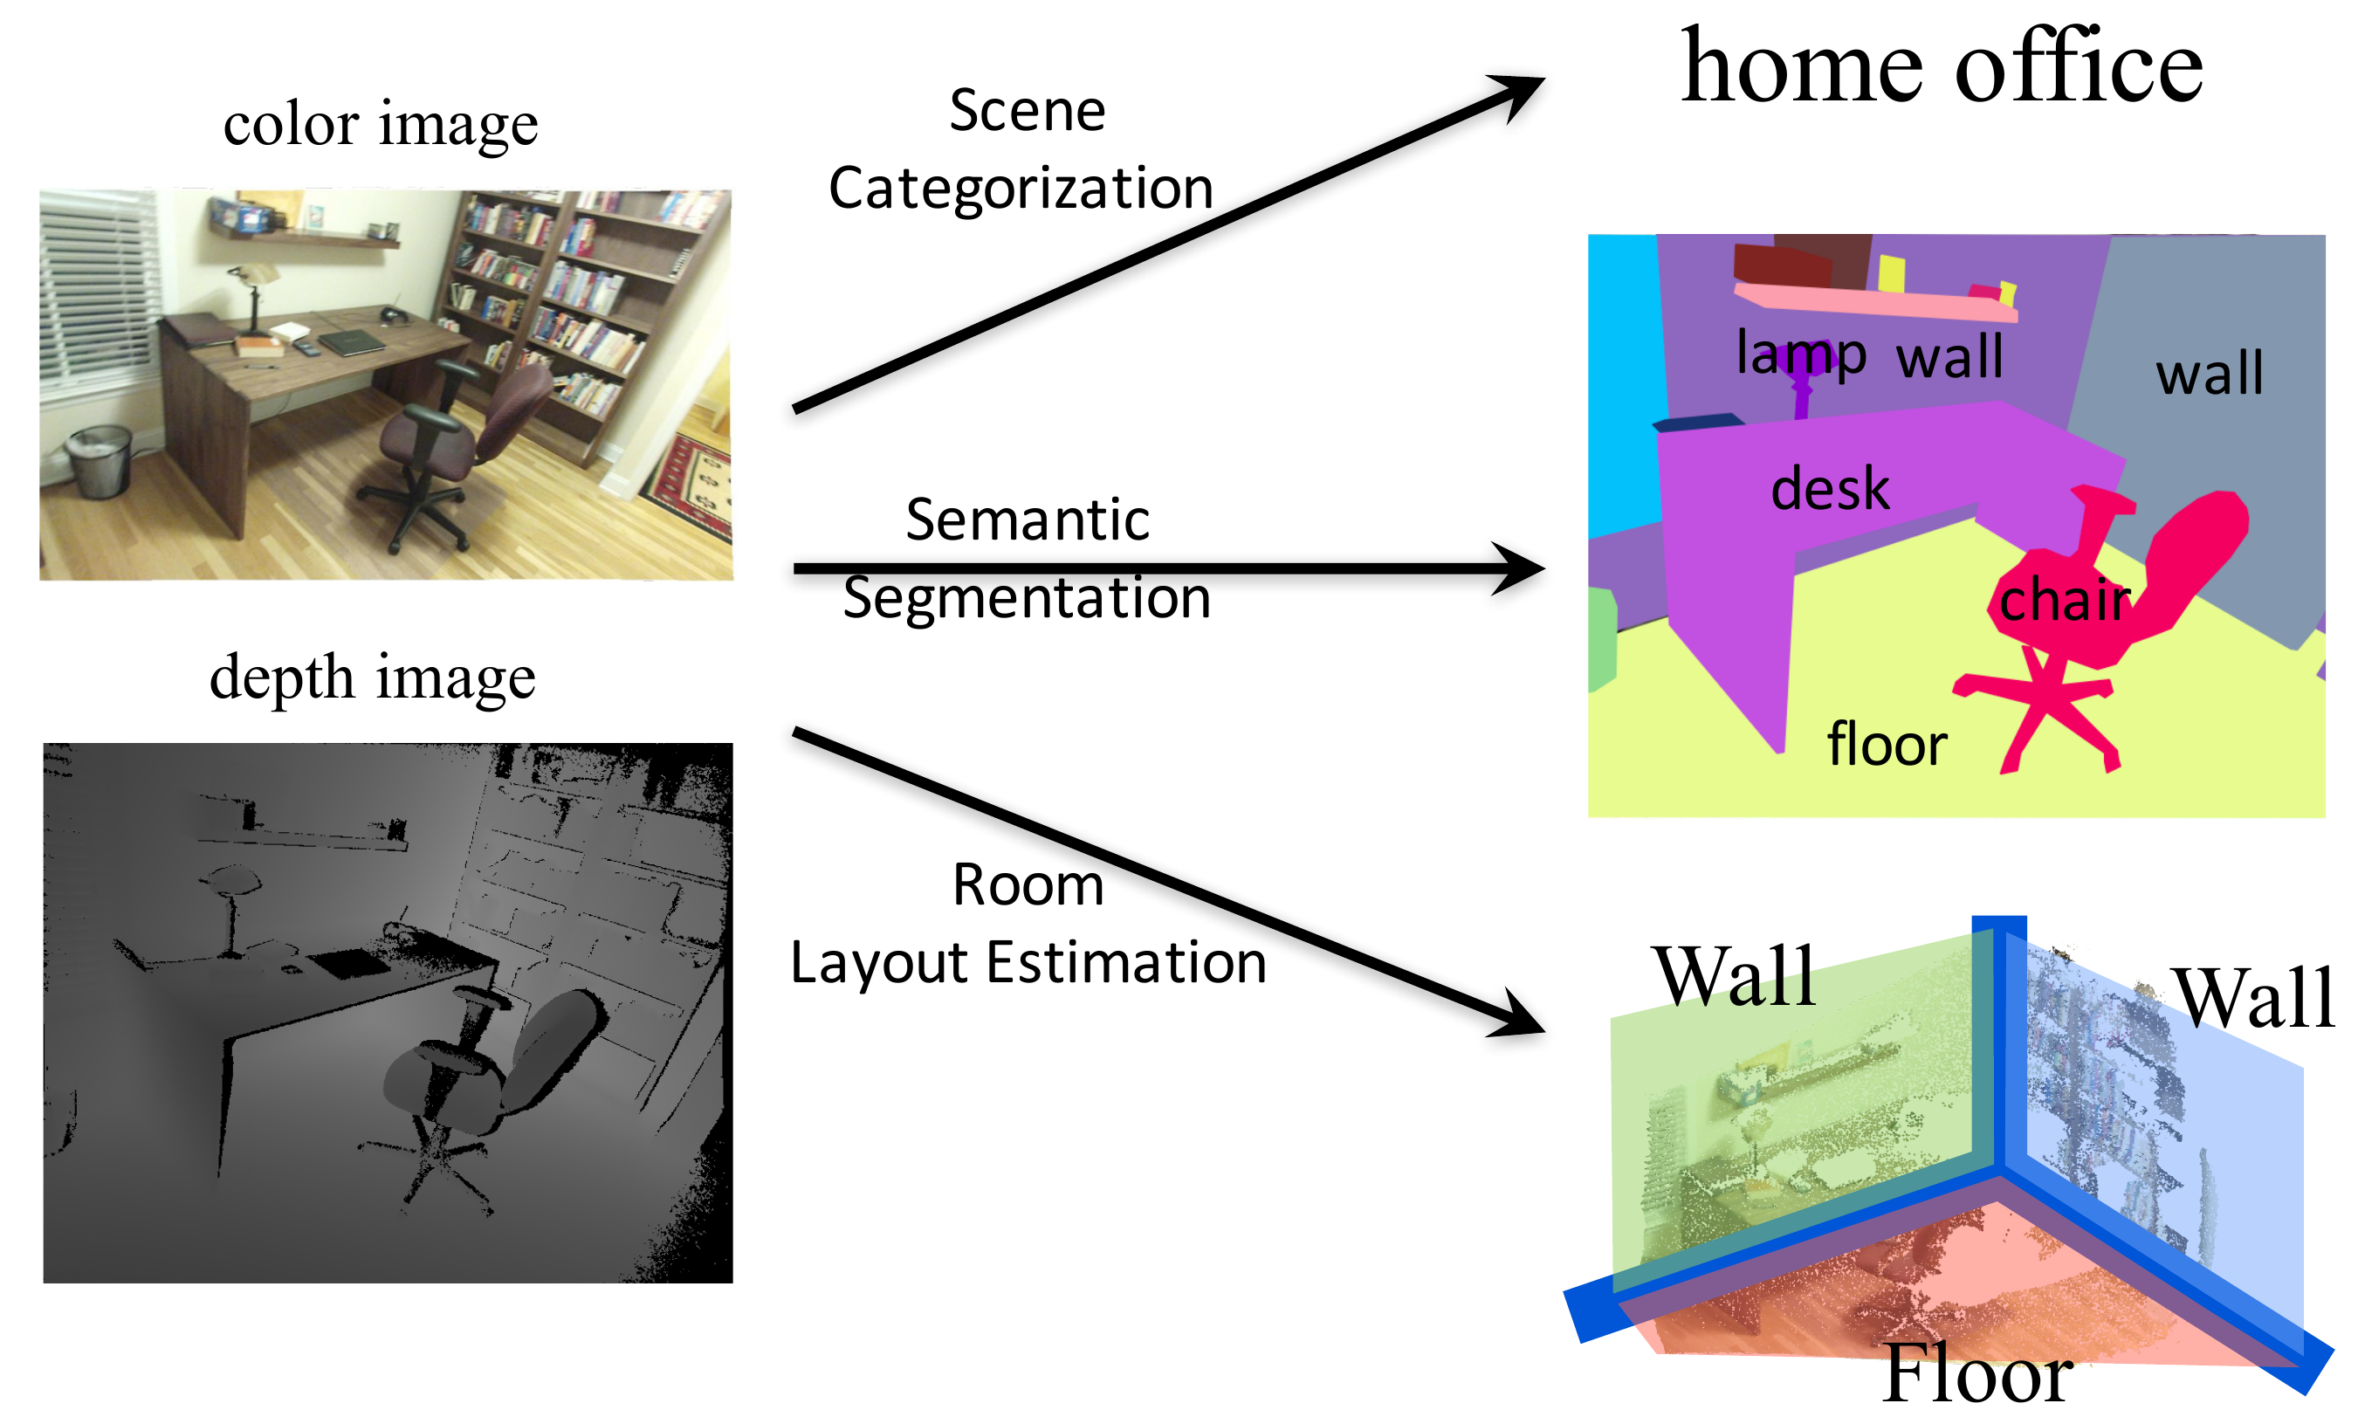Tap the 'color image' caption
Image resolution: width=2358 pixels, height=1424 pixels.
pos(381,124)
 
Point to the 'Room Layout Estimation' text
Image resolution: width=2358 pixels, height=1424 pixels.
pos(1028,923)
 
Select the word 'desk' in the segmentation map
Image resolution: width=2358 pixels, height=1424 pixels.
pos(1830,488)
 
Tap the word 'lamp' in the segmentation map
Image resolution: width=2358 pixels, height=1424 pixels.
pos(1801,354)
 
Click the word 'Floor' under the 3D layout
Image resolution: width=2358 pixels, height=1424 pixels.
pos(1977,1374)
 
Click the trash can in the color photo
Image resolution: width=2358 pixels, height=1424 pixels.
pos(100,460)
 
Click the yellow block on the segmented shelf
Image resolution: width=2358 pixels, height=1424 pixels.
pos(1891,272)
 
